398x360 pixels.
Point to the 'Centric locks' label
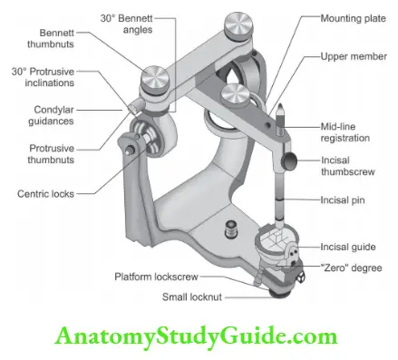point(46,192)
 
